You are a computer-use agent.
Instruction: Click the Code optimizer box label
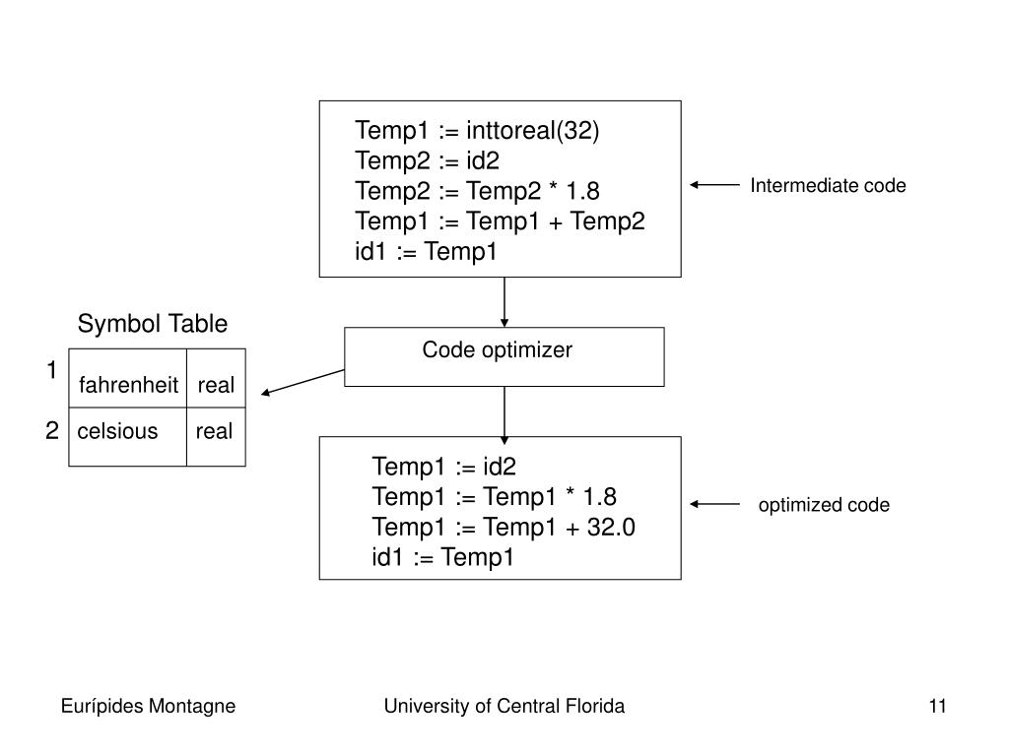497,350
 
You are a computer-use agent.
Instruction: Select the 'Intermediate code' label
828,186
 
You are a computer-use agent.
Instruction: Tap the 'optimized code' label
824,505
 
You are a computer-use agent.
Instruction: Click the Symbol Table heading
153,324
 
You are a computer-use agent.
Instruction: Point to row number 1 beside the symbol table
52,370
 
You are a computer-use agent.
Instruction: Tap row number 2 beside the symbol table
52,430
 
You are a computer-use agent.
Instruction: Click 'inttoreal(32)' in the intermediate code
533,131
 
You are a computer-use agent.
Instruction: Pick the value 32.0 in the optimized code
611,528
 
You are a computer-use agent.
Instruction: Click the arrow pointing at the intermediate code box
714,185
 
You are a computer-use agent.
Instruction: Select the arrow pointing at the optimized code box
714,504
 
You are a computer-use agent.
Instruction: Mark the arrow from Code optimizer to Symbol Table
303,382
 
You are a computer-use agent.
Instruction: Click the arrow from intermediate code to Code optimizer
504,302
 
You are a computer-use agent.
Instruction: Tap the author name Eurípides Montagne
148,707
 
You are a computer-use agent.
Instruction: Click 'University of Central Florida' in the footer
504,707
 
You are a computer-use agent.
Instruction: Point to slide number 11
938,707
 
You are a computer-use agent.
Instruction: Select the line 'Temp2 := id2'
428,160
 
